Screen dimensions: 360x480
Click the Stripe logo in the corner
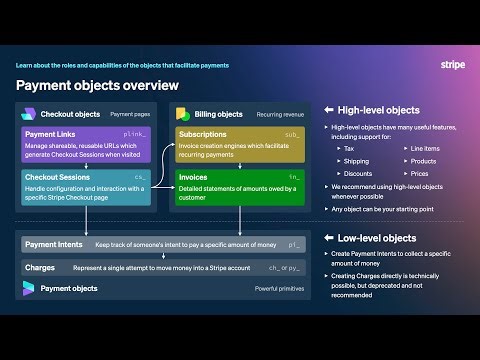[452, 65]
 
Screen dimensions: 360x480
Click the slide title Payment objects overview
[97, 85]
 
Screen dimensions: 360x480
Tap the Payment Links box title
[53, 134]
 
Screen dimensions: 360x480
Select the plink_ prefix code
[134, 134]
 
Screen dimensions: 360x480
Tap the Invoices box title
[194, 176]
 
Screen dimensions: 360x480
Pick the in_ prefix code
[294, 176]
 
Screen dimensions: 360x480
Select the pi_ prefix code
[294, 244]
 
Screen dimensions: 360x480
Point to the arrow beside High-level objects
[329, 110]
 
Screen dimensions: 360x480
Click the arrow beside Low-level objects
[329, 238]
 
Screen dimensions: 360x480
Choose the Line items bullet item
[424, 148]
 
